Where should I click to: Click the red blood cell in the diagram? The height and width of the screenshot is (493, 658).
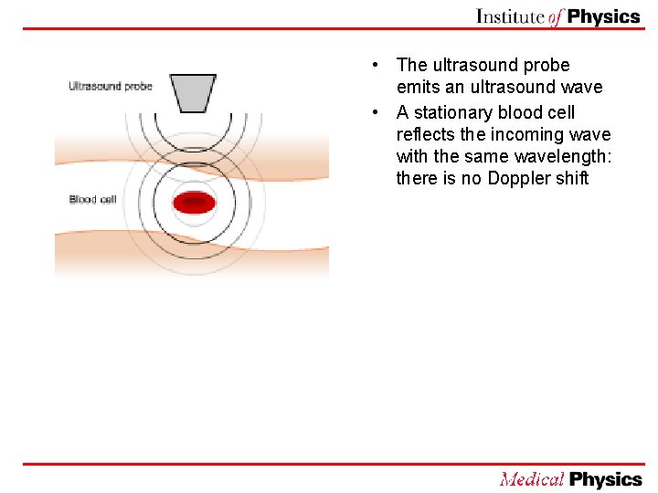[194, 203]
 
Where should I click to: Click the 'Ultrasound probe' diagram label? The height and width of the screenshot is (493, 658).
[111, 87]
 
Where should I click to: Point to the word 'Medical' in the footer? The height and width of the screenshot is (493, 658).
[532, 478]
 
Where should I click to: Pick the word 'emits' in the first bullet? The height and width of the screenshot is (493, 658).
[417, 87]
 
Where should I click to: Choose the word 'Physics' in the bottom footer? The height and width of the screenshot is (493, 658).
[606, 478]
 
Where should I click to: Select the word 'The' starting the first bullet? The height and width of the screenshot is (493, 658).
[412, 65]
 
